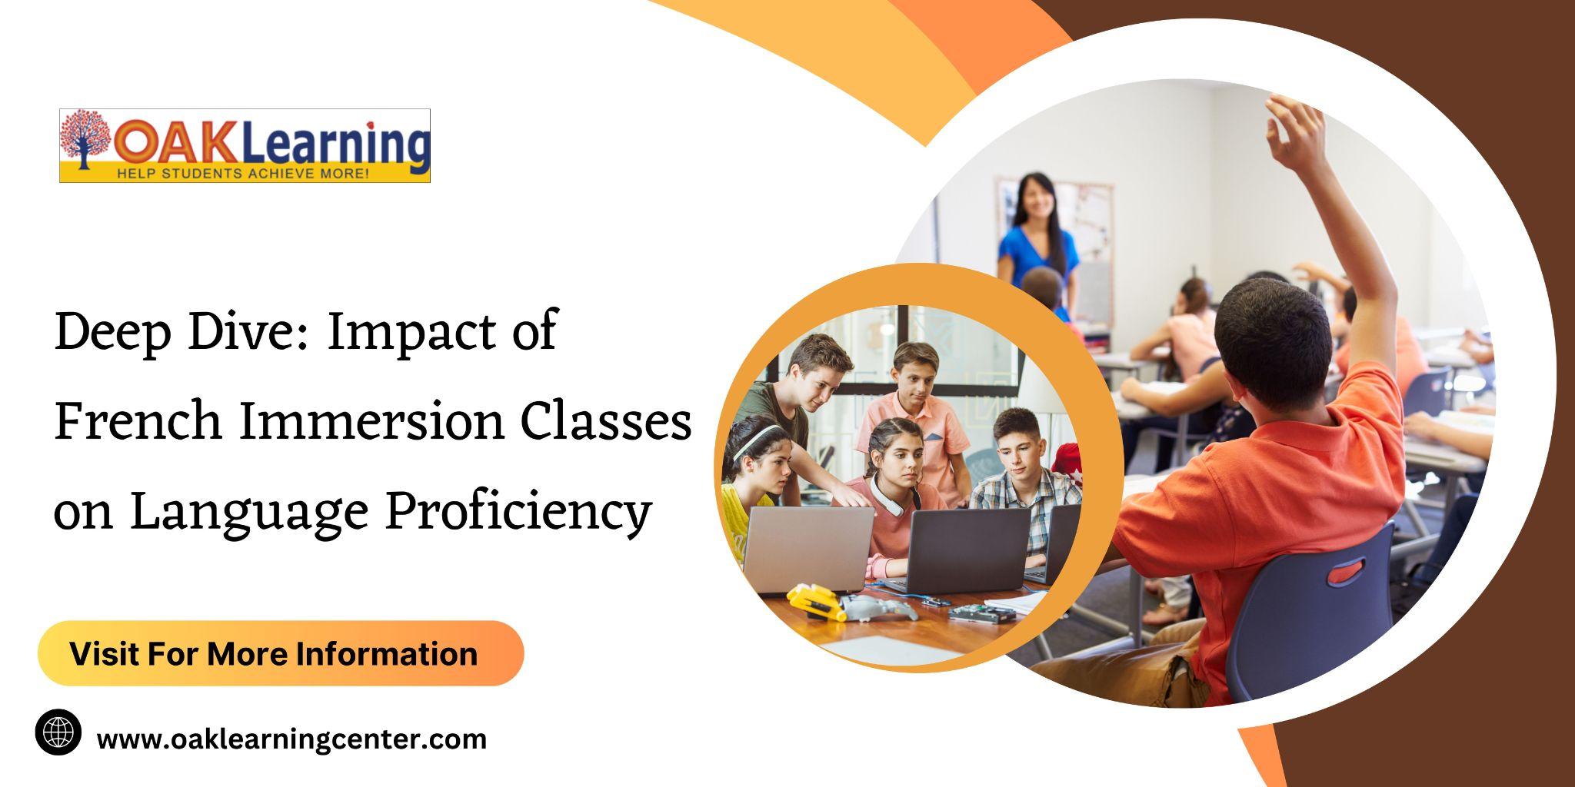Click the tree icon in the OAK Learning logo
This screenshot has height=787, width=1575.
coord(85,138)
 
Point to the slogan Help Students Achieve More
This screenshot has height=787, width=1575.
coord(243,174)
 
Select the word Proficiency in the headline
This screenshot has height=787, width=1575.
coord(518,510)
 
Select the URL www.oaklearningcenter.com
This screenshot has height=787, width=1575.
coord(291,739)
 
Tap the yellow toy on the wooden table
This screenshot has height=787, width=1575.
coord(816,600)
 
